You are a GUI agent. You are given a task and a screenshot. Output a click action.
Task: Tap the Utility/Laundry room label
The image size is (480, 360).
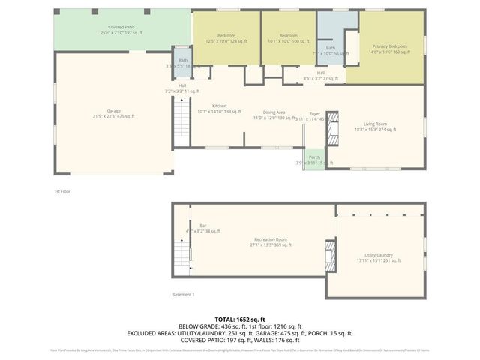(378, 258)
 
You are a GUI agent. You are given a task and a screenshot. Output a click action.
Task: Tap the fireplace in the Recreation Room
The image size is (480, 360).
(328, 250)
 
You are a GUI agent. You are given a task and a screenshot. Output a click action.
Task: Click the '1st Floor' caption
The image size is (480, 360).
(62, 191)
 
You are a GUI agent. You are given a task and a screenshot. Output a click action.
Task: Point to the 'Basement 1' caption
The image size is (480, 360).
(182, 294)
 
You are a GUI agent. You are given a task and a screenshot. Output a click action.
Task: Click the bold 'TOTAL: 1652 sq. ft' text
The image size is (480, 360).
(240, 319)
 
